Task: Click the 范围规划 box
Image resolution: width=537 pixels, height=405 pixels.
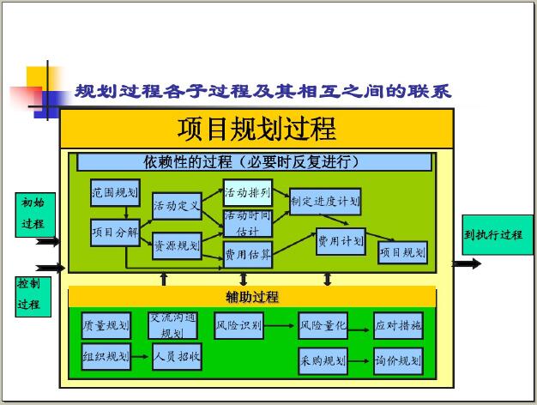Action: pos(115,192)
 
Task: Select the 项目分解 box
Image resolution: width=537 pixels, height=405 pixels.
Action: pos(115,233)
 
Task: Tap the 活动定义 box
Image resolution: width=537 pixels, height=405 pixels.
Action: pos(177,206)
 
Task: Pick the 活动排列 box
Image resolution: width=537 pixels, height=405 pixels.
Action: pos(248,192)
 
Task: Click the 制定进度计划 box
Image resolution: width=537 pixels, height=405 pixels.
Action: pos(325,202)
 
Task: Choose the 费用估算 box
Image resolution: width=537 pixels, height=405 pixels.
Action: pos(248,255)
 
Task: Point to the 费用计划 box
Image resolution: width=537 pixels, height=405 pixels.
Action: pos(341,242)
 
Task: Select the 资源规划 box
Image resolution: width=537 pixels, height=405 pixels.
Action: pos(177,245)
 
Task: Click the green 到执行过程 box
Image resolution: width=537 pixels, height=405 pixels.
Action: pos(498,235)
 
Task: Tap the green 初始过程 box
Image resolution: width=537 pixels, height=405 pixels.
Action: pos(35,215)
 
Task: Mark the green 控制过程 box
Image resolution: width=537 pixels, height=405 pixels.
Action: pos(33,297)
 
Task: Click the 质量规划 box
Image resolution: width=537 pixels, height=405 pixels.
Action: pos(106,325)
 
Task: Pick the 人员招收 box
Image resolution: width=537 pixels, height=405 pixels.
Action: pos(177,357)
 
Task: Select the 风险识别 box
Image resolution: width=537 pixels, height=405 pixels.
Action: pos(238,325)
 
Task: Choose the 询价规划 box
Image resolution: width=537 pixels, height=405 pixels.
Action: pos(398,361)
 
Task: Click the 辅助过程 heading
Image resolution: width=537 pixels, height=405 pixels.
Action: pos(252,297)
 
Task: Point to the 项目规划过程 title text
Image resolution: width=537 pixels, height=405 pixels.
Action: pos(256,129)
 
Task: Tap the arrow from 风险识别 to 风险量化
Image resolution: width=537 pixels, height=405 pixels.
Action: pos(279,325)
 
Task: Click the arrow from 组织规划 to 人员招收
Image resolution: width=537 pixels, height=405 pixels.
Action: pos(140,357)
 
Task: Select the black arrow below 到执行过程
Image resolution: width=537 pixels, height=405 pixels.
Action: pos(467,263)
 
